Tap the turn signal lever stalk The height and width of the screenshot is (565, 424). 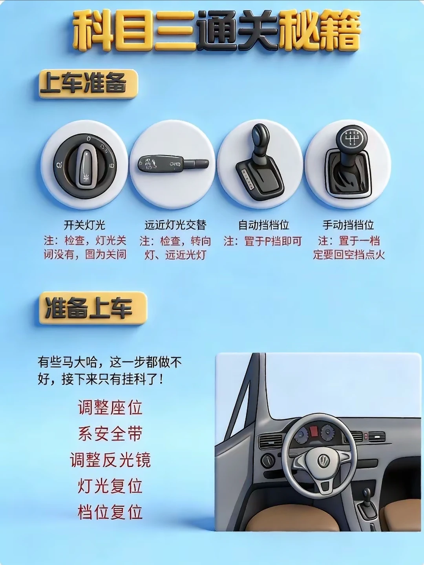[x=173, y=164]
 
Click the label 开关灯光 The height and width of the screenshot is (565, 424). [x=85, y=225]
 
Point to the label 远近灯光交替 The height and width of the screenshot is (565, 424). [x=175, y=225]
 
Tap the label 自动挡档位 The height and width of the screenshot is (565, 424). [x=263, y=225]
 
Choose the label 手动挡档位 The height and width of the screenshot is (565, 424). [x=348, y=225]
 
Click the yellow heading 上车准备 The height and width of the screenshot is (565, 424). [x=88, y=84]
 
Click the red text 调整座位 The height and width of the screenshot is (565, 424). [x=110, y=408]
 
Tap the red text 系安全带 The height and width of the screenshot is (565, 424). [x=110, y=434]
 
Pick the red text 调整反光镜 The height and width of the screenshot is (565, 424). [x=110, y=460]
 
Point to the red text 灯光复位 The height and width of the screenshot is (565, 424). [x=110, y=486]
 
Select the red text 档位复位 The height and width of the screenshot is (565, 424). [x=110, y=512]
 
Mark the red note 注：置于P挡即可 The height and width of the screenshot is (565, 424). [x=263, y=241]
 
